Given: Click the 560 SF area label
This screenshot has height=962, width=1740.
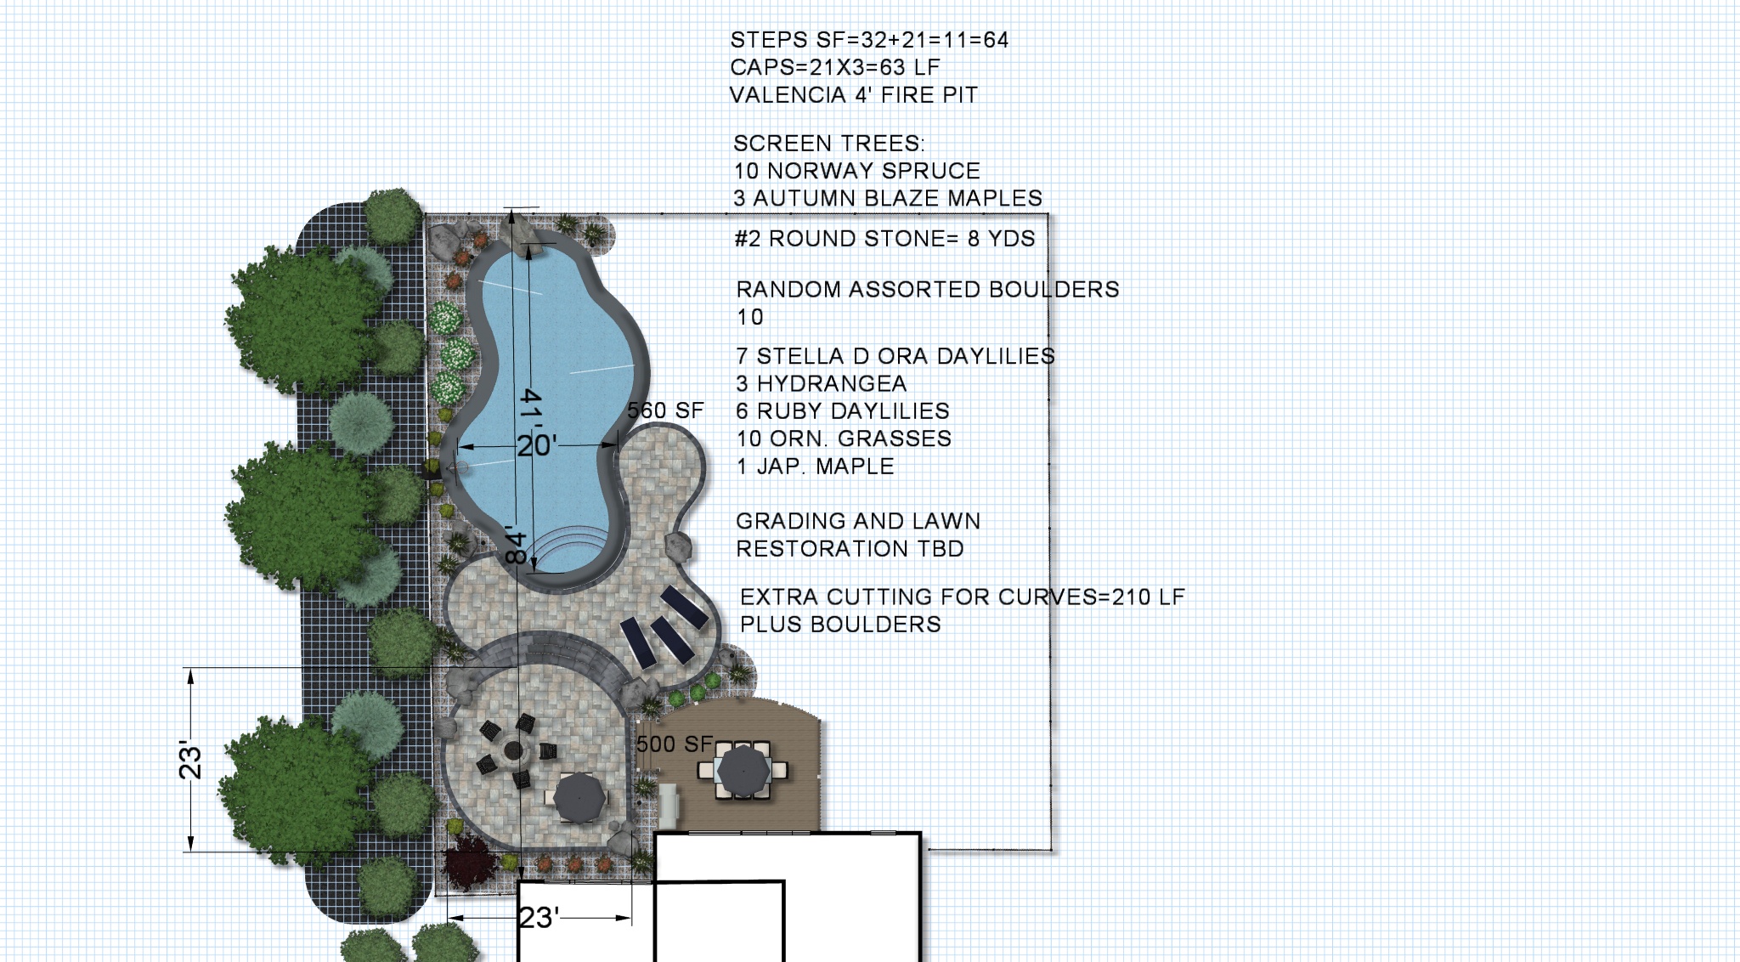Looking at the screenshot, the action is pos(665,411).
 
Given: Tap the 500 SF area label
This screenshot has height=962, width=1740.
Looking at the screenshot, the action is pos(675,744).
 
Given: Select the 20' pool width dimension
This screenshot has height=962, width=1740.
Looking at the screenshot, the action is pos(537,445).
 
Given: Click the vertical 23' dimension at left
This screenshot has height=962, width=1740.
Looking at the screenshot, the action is pos(190,760).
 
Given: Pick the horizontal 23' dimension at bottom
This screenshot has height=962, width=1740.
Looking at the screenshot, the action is pos(540,918).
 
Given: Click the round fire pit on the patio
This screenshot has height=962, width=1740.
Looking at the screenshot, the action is pos(513,751).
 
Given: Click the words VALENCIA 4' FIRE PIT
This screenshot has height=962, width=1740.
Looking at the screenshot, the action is pos(854,95).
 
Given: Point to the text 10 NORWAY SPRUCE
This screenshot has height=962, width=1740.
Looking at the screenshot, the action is pos(857,171).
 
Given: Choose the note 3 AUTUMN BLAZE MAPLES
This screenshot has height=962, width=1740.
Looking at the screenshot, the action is pos(888,198).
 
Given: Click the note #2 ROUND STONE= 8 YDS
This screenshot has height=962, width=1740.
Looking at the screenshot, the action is pos(885,239).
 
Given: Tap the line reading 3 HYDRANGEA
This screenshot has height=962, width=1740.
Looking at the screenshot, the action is pos(822,384).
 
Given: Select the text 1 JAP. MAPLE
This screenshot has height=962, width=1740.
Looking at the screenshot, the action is pos(816,467).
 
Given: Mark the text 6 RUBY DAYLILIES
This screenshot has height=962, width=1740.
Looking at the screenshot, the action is pos(843,411).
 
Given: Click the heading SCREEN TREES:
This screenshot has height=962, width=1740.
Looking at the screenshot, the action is pos(829,144).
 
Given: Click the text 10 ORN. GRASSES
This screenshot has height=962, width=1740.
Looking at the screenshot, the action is pos(844,439).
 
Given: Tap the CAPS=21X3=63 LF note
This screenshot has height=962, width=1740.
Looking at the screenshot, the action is pos(835,68).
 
